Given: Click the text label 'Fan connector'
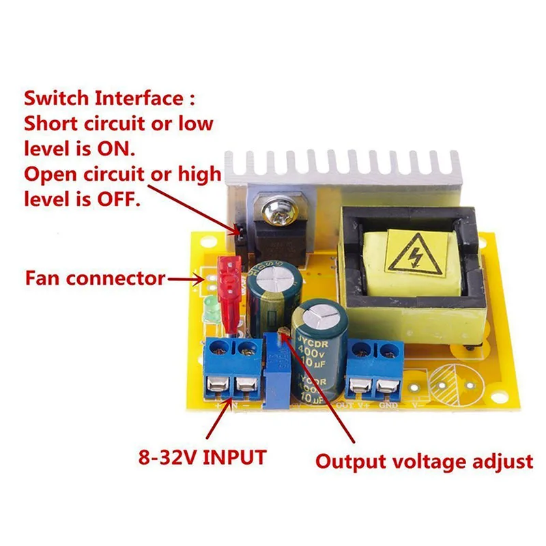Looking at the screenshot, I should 96,278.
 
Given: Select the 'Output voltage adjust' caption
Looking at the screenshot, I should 423,461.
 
